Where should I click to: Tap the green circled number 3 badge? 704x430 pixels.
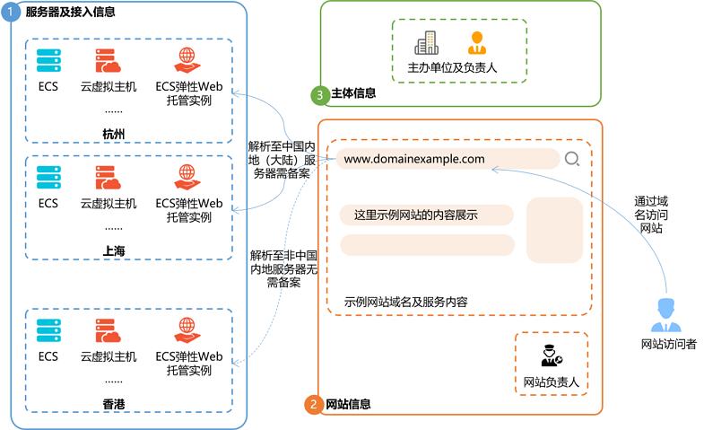coord(318,93)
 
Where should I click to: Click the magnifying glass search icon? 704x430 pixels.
coord(572,160)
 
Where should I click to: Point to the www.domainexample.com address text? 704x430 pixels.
coord(414,160)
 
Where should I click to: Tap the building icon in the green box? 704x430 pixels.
coord(426,42)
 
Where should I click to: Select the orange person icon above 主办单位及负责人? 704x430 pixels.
coord(476,42)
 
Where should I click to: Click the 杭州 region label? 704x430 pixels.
coord(114,135)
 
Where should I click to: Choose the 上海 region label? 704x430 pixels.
coord(114,251)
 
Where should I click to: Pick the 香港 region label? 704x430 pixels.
coord(114,406)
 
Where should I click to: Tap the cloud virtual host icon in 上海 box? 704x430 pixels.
coord(108,177)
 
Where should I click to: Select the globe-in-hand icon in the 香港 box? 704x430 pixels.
coord(187,330)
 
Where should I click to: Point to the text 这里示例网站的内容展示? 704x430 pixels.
coord(415,215)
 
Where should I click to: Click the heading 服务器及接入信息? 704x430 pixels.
coord(70,13)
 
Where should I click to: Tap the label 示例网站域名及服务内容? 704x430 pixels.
coord(405,302)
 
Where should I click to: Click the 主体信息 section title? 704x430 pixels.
coord(353,93)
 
